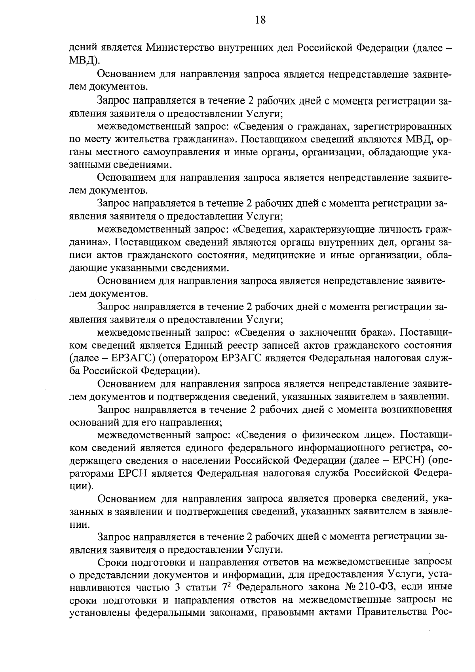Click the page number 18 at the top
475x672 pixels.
[x=260, y=20]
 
